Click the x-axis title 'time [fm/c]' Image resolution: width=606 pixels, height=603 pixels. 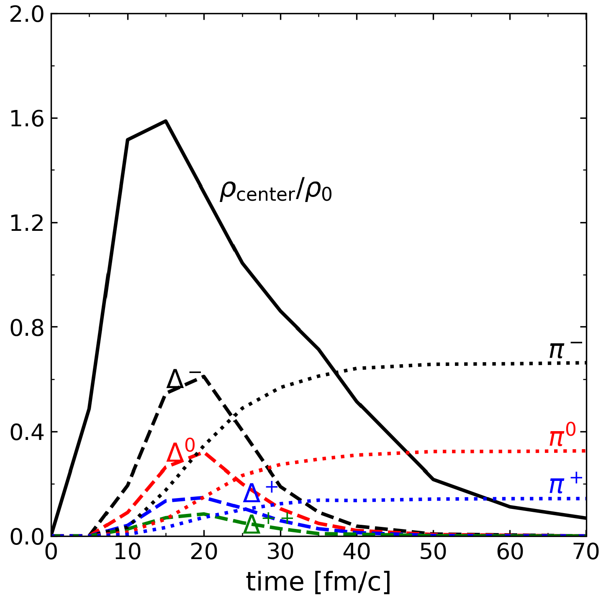coord(318,582)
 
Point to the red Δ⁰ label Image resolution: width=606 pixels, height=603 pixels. coord(181,451)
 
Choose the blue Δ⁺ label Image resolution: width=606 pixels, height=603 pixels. coord(260,492)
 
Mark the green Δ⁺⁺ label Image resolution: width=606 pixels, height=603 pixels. coord(268,523)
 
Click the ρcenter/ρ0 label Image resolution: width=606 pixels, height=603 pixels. coord(275,192)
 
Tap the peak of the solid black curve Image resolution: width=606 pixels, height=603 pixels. coord(166,121)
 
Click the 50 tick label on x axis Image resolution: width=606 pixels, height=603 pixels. coord(433,552)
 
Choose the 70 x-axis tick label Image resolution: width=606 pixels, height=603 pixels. coord(585,552)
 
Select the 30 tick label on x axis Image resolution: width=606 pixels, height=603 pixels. coord(280,552)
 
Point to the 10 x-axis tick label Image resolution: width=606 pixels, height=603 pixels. coord(128,552)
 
